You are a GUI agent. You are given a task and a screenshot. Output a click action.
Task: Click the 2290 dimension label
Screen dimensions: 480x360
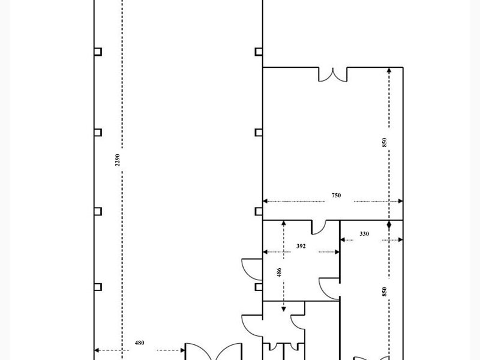pyautogui.click(x=117, y=160)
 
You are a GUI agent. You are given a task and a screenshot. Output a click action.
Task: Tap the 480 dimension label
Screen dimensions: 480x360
pyautogui.click(x=139, y=343)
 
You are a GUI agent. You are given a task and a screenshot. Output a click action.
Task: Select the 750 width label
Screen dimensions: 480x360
pyautogui.click(x=336, y=196)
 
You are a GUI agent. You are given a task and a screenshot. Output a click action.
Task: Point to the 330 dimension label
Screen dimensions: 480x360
pyautogui.click(x=364, y=234)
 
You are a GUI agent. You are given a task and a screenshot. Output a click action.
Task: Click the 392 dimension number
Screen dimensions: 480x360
pyautogui.click(x=301, y=246)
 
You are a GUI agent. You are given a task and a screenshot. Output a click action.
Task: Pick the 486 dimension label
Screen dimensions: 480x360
pyautogui.click(x=279, y=272)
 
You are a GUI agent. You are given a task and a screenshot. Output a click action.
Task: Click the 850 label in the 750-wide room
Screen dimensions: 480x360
pyautogui.click(x=385, y=142)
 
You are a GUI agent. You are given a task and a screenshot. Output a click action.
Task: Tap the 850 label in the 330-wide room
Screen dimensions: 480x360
pyautogui.click(x=385, y=292)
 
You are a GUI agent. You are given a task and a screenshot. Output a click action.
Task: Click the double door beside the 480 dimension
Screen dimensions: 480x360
pyautogui.click(x=214, y=352)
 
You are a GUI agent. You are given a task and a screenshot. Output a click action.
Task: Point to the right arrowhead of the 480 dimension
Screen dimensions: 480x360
pyautogui.click(x=183, y=350)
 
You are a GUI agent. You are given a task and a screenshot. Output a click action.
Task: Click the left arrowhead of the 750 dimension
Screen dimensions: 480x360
pyautogui.click(x=265, y=201)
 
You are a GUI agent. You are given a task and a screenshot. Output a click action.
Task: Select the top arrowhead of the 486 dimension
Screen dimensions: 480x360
pyautogui.click(x=283, y=223)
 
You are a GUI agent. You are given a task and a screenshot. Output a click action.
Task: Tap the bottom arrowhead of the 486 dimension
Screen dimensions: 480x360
pyautogui.click(x=283, y=309)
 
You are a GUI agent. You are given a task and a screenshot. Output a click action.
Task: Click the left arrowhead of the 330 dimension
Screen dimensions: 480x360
pyautogui.click(x=343, y=240)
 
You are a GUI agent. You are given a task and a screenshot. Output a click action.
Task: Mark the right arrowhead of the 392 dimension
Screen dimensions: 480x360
pyautogui.click(x=337, y=252)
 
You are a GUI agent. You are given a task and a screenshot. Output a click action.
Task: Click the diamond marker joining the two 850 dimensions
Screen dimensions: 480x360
pyautogui.click(x=389, y=226)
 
